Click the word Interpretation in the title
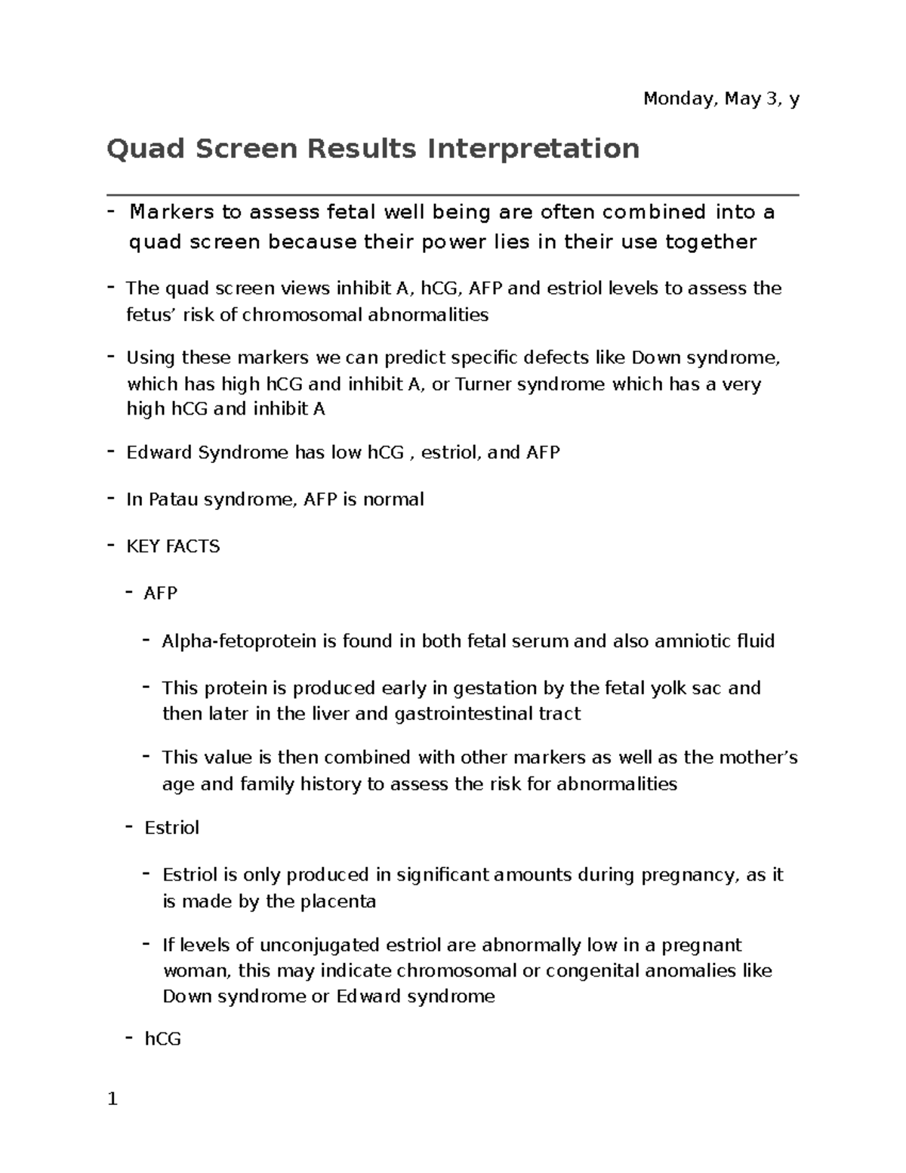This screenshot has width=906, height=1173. click(x=533, y=148)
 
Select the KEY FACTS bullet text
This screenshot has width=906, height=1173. click(x=173, y=546)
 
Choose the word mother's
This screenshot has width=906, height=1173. click(x=757, y=758)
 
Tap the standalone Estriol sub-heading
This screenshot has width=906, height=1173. click(x=171, y=828)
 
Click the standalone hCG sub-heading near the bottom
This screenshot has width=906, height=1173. click(x=163, y=1039)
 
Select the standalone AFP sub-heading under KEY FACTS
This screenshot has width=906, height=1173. click(x=160, y=594)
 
